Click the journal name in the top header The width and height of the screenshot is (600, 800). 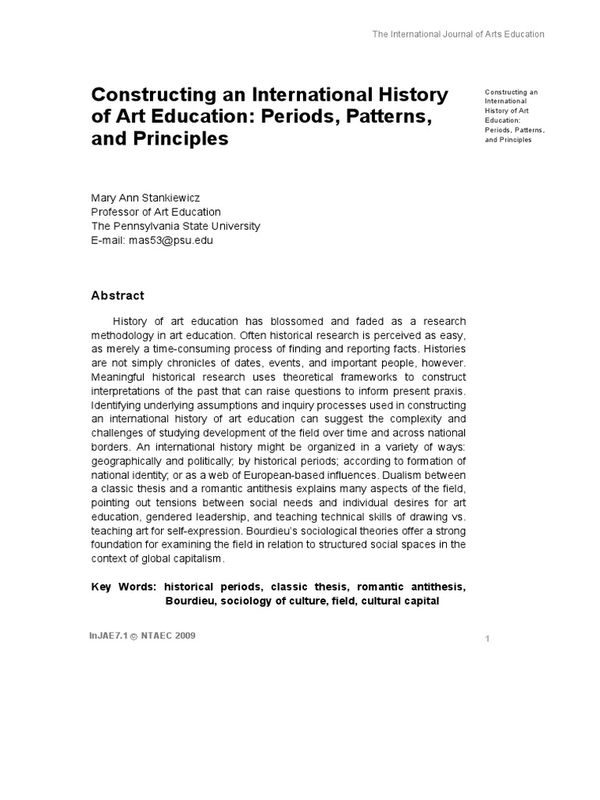click(457, 34)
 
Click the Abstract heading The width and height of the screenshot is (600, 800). click(118, 295)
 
